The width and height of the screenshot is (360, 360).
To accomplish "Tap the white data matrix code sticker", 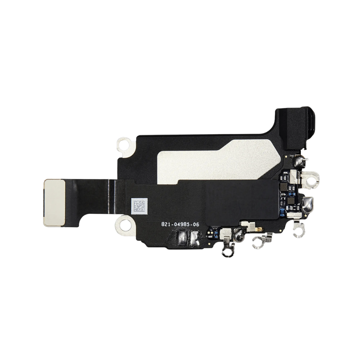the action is pos(139,206).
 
